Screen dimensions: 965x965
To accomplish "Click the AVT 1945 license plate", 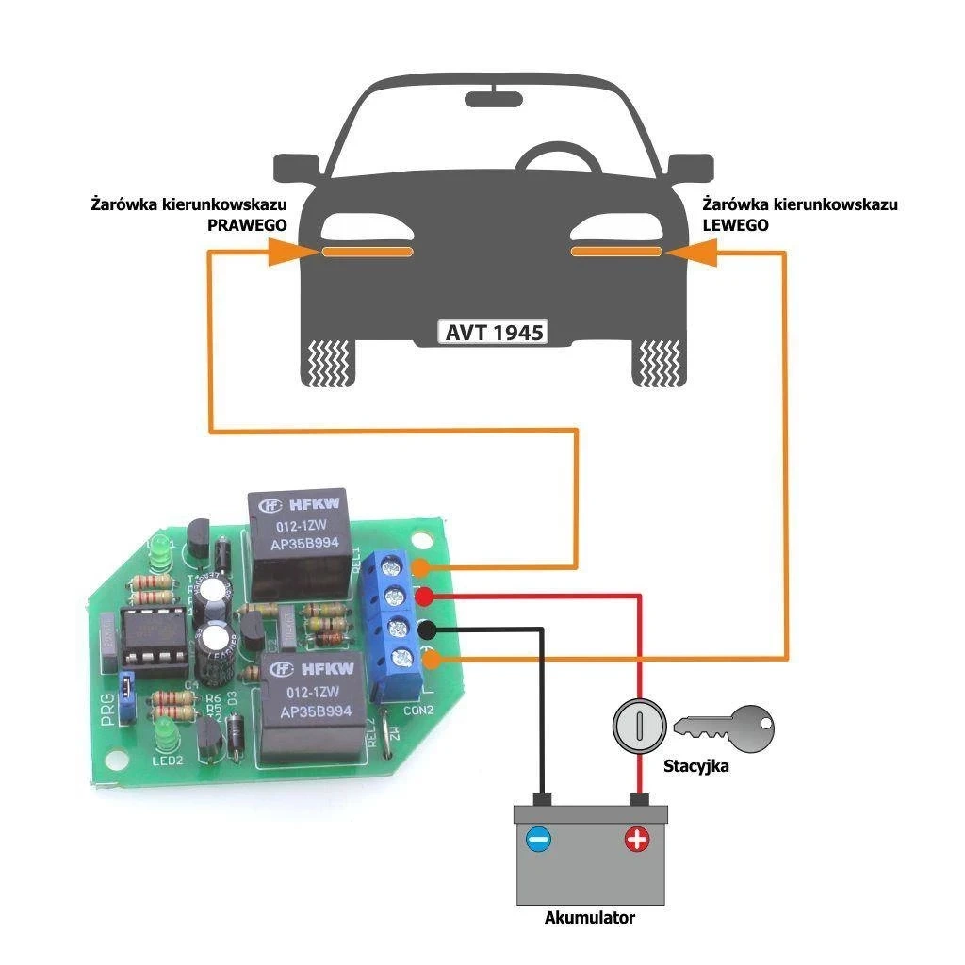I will pos(494,333).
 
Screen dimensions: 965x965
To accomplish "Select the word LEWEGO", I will pos(736,226).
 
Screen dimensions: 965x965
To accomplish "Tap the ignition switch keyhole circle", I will pos(640,726).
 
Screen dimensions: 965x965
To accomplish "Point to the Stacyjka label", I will pos(695,766).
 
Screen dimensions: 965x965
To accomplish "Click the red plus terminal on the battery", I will pos(637,839).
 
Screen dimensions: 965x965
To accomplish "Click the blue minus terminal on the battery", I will pos(538,838).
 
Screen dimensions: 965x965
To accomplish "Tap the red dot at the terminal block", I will pos(425,596).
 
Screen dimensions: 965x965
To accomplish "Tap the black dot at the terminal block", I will pos(426,630).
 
